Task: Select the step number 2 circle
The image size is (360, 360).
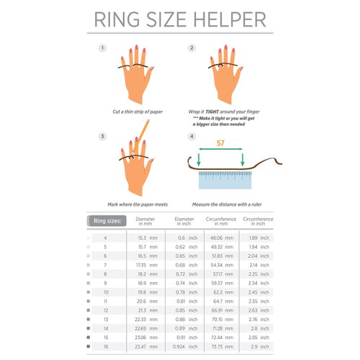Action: pyautogui.click(x=192, y=48)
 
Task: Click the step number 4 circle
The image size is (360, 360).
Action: pyautogui.click(x=192, y=136)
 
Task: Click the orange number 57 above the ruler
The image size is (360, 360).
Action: pyautogui.click(x=221, y=144)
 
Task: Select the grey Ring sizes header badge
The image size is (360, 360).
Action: pyautogui.click(x=107, y=221)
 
